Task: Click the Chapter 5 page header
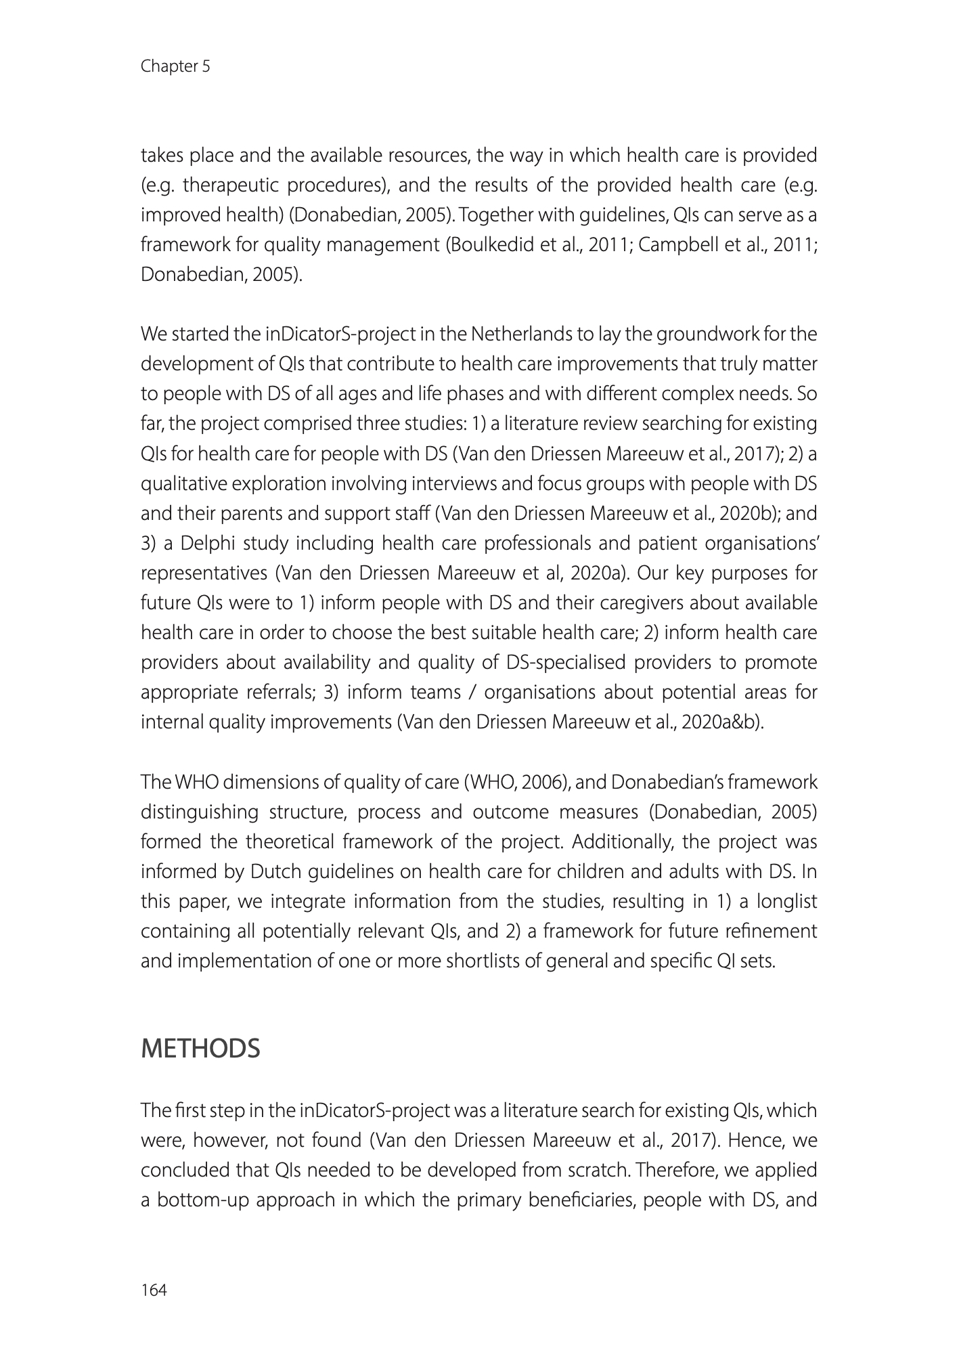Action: pos(175,66)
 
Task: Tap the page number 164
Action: pos(153,1290)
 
